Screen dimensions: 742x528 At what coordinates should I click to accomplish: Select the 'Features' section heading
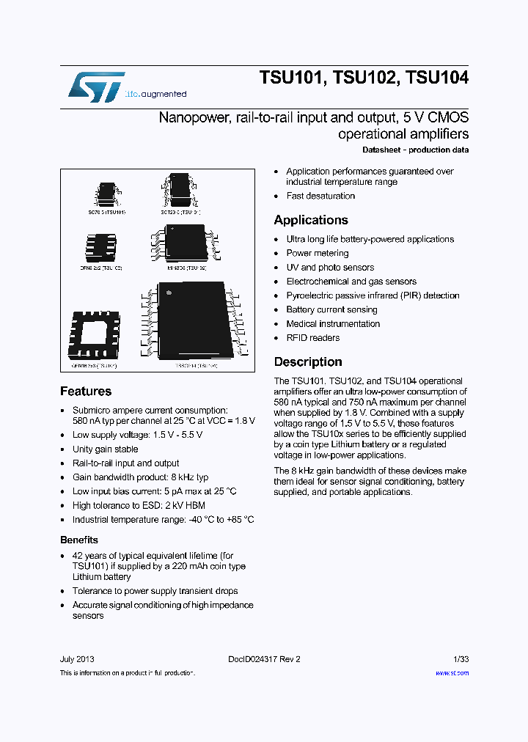tap(86, 392)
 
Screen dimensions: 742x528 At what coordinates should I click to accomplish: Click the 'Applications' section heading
tap(311, 220)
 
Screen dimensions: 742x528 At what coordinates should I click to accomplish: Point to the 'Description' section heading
tap(308, 362)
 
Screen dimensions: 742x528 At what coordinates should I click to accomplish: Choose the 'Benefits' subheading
tap(79, 540)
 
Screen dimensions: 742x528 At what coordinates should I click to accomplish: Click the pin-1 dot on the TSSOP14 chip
tap(169, 295)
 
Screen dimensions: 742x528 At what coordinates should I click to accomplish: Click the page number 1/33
tap(461, 659)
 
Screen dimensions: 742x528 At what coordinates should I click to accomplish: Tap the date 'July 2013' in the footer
tap(77, 659)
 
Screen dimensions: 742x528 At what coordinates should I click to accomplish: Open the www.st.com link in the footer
tap(452, 673)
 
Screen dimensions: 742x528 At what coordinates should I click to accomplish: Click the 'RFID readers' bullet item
tap(313, 338)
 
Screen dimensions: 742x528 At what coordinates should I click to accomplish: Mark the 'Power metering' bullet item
tap(318, 254)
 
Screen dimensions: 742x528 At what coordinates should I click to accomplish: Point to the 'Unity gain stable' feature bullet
tap(105, 449)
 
